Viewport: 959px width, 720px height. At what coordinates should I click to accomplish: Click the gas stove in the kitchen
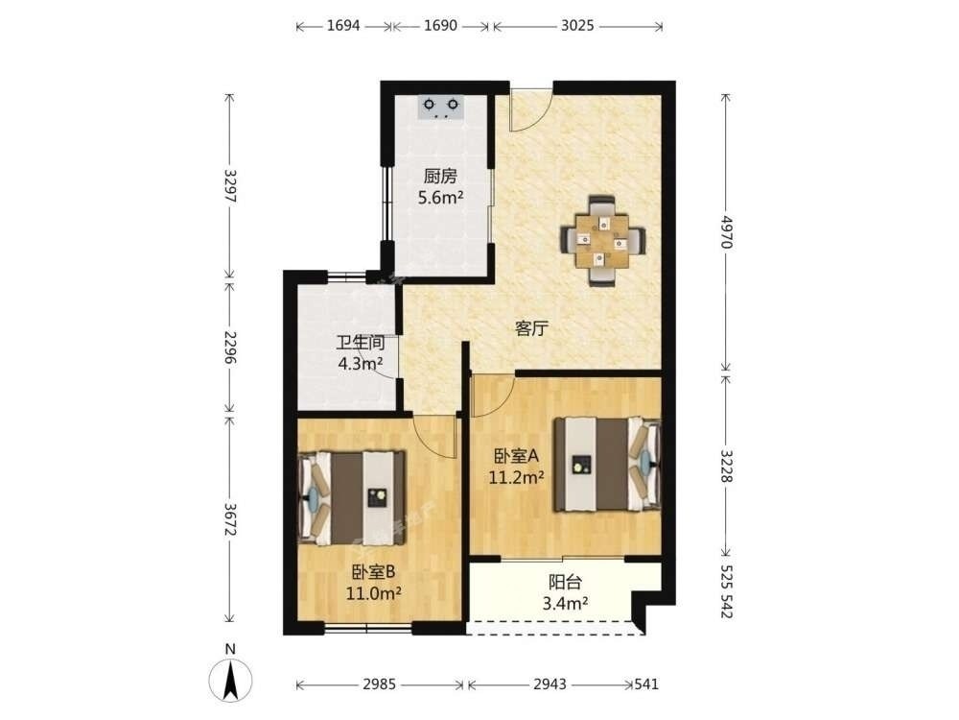coord(441,107)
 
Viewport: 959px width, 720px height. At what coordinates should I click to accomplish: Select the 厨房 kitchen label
coord(440,177)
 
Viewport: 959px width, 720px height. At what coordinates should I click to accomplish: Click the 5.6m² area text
coord(440,198)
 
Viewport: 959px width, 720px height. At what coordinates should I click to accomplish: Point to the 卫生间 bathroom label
coord(361,343)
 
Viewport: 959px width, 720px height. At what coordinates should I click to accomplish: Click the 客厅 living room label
coord(531,328)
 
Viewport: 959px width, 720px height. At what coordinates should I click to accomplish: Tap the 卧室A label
coord(516,456)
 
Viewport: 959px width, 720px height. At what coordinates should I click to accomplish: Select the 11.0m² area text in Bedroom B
coord(374,593)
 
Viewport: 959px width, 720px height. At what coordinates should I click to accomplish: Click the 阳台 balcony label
coord(565,583)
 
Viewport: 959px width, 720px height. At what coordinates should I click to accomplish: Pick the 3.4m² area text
coord(565,604)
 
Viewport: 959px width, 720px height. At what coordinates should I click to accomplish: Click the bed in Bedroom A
coord(607,464)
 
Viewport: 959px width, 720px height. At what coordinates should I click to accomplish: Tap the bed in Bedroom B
coord(352,497)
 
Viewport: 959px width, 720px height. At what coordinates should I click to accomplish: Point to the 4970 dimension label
coord(726,231)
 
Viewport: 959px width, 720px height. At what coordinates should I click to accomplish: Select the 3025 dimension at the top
coord(577,26)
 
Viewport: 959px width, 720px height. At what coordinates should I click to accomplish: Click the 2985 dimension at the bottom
coord(379,684)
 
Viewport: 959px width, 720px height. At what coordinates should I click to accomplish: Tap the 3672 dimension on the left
coord(230,519)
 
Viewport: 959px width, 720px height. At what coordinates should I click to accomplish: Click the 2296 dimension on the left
coord(230,348)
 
